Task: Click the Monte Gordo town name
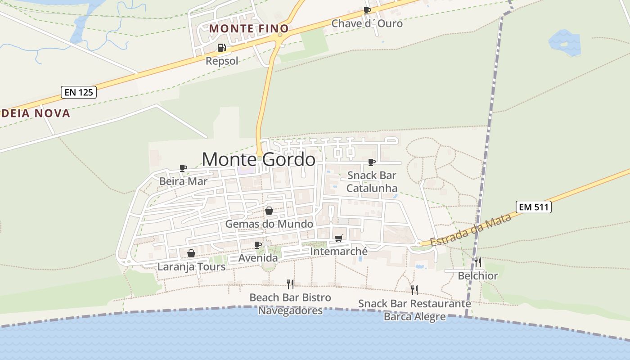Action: (x=258, y=160)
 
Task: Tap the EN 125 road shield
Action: (x=79, y=93)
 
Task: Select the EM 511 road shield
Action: (x=534, y=207)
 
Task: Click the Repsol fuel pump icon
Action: (x=221, y=48)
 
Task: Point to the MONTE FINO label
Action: (x=249, y=28)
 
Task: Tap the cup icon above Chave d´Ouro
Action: (x=367, y=10)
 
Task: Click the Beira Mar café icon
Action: (x=183, y=168)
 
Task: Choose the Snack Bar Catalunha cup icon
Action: (x=372, y=162)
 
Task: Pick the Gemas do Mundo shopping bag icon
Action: (x=269, y=211)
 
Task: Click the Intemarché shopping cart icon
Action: (x=338, y=238)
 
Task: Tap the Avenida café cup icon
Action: (x=258, y=245)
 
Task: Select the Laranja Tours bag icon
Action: (x=191, y=254)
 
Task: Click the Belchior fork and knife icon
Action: (x=478, y=262)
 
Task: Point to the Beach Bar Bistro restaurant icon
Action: (x=290, y=284)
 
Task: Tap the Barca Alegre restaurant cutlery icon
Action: (x=414, y=290)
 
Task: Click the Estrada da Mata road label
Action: (x=471, y=230)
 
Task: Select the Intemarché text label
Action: (x=339, y=252)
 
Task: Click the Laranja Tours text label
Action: (x=191, y=267)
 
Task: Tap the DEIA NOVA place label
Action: (x=35, y=113)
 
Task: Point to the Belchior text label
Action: (x=478, y=276)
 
